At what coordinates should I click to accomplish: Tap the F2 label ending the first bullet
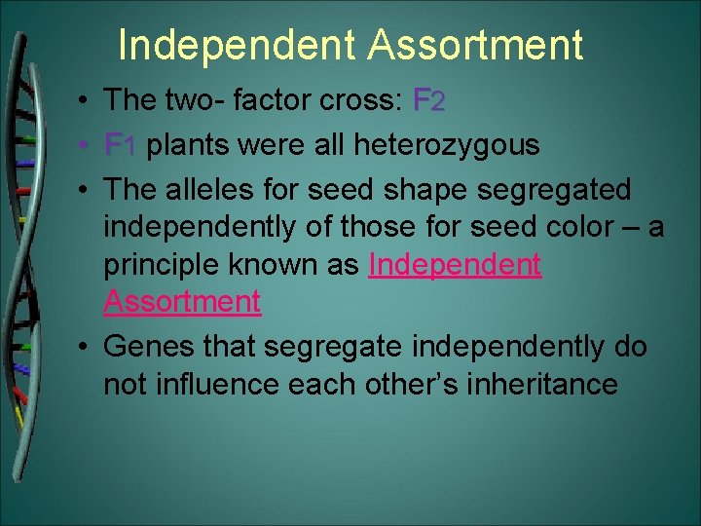coord(429,100)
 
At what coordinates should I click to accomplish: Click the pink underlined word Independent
coord(455,265)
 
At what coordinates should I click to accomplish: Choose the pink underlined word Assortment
coord(182,302)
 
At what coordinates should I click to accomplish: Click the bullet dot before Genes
coord(86,347)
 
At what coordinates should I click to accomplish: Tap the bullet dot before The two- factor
coord(86,100)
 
